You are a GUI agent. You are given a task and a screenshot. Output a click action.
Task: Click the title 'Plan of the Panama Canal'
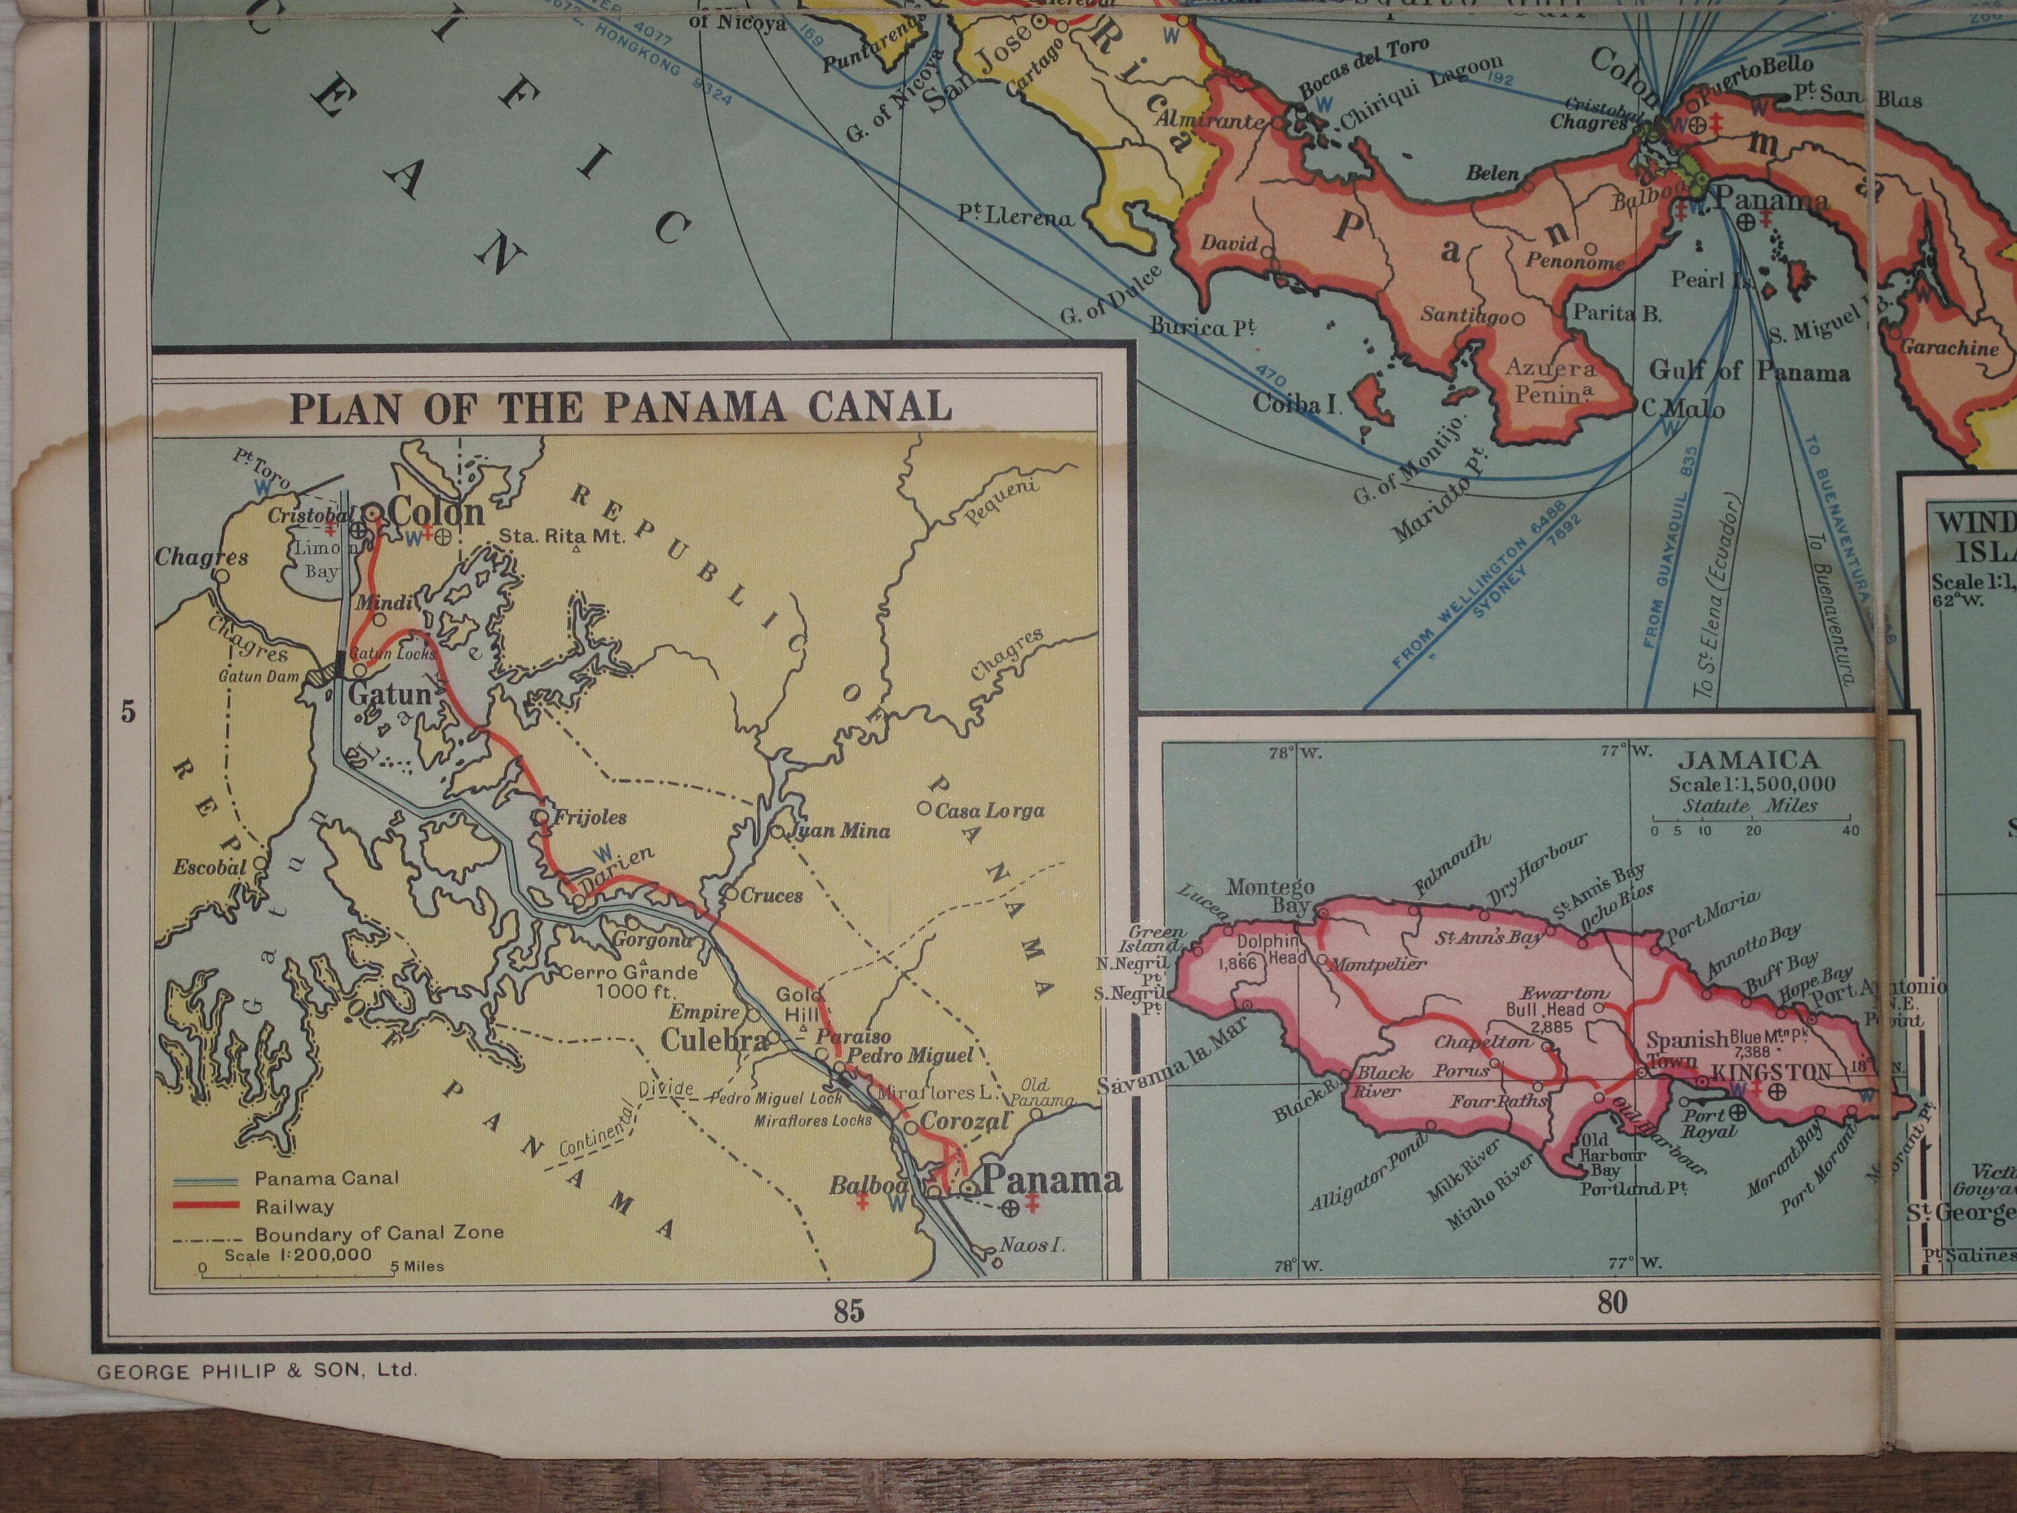click(620, 408)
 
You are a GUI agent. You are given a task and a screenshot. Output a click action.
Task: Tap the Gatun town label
click(389, 695)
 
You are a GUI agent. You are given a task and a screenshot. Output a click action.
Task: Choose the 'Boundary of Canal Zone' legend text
click(379, 1234)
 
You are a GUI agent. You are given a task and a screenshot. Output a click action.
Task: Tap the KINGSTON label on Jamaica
click(1771, 1073)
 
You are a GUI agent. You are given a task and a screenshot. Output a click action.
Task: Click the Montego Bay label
click(1270, 896)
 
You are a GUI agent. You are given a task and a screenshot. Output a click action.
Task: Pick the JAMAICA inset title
click(1749, 760)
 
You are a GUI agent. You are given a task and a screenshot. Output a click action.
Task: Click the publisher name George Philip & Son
click(256, 1370)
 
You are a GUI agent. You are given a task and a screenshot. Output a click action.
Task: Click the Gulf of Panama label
click(1749, 371)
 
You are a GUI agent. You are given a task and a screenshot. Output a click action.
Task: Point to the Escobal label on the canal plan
click(210, 866)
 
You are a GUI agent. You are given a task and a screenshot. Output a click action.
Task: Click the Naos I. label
click(1032, 1245)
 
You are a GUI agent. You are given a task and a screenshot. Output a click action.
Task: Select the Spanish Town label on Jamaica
click(1687, 1050)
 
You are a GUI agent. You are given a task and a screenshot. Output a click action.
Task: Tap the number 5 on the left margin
click(128, 711)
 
